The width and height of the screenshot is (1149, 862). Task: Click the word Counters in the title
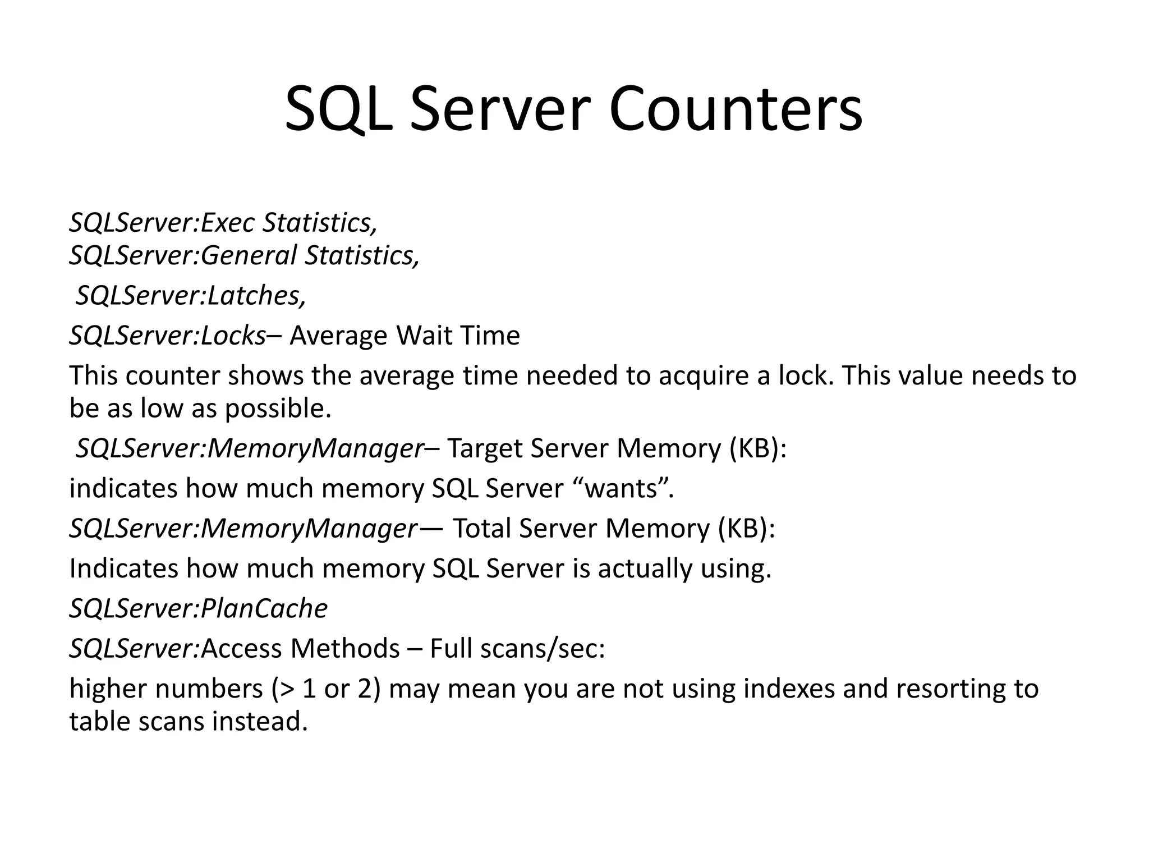coord(735,109)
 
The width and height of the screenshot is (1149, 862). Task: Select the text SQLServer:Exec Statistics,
coord(223,223)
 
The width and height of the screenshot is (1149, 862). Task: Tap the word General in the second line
coord(248,255)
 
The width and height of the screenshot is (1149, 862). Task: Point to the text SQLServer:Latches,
coord(191,296)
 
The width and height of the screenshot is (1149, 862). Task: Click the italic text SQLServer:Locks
coord(167,336)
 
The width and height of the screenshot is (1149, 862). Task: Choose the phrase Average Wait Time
coord(405,336)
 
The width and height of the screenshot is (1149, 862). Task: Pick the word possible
coord(278,409)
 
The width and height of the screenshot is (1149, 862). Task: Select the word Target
coord(484,448)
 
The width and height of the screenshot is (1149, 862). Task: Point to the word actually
coord(644,568)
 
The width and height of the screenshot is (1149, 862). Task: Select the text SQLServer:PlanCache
coord(198,608)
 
